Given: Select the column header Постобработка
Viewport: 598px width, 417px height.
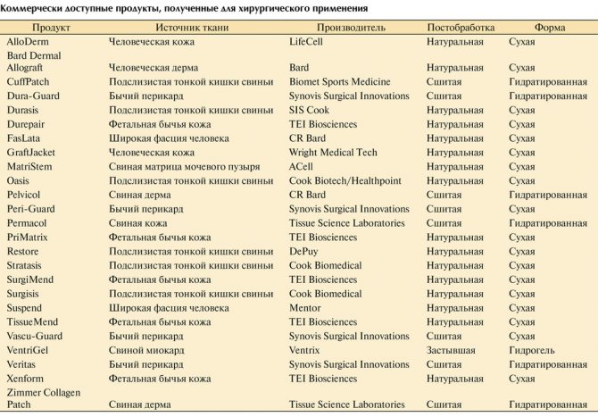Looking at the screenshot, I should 462,28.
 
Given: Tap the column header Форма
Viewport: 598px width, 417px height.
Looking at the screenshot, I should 549,28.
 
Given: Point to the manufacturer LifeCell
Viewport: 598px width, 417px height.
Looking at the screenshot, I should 310,42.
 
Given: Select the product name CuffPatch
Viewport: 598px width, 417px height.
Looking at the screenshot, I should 29,81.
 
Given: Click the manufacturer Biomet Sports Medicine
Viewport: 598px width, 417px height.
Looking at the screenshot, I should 340,81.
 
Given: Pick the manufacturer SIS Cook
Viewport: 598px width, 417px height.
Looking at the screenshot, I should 310,110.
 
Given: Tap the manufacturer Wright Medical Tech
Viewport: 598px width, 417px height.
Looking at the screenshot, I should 333,153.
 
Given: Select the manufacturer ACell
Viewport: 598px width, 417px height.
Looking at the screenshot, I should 302,166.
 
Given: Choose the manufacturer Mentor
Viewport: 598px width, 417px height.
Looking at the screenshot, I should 306,308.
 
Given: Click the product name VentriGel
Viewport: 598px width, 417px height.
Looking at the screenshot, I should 30,350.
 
